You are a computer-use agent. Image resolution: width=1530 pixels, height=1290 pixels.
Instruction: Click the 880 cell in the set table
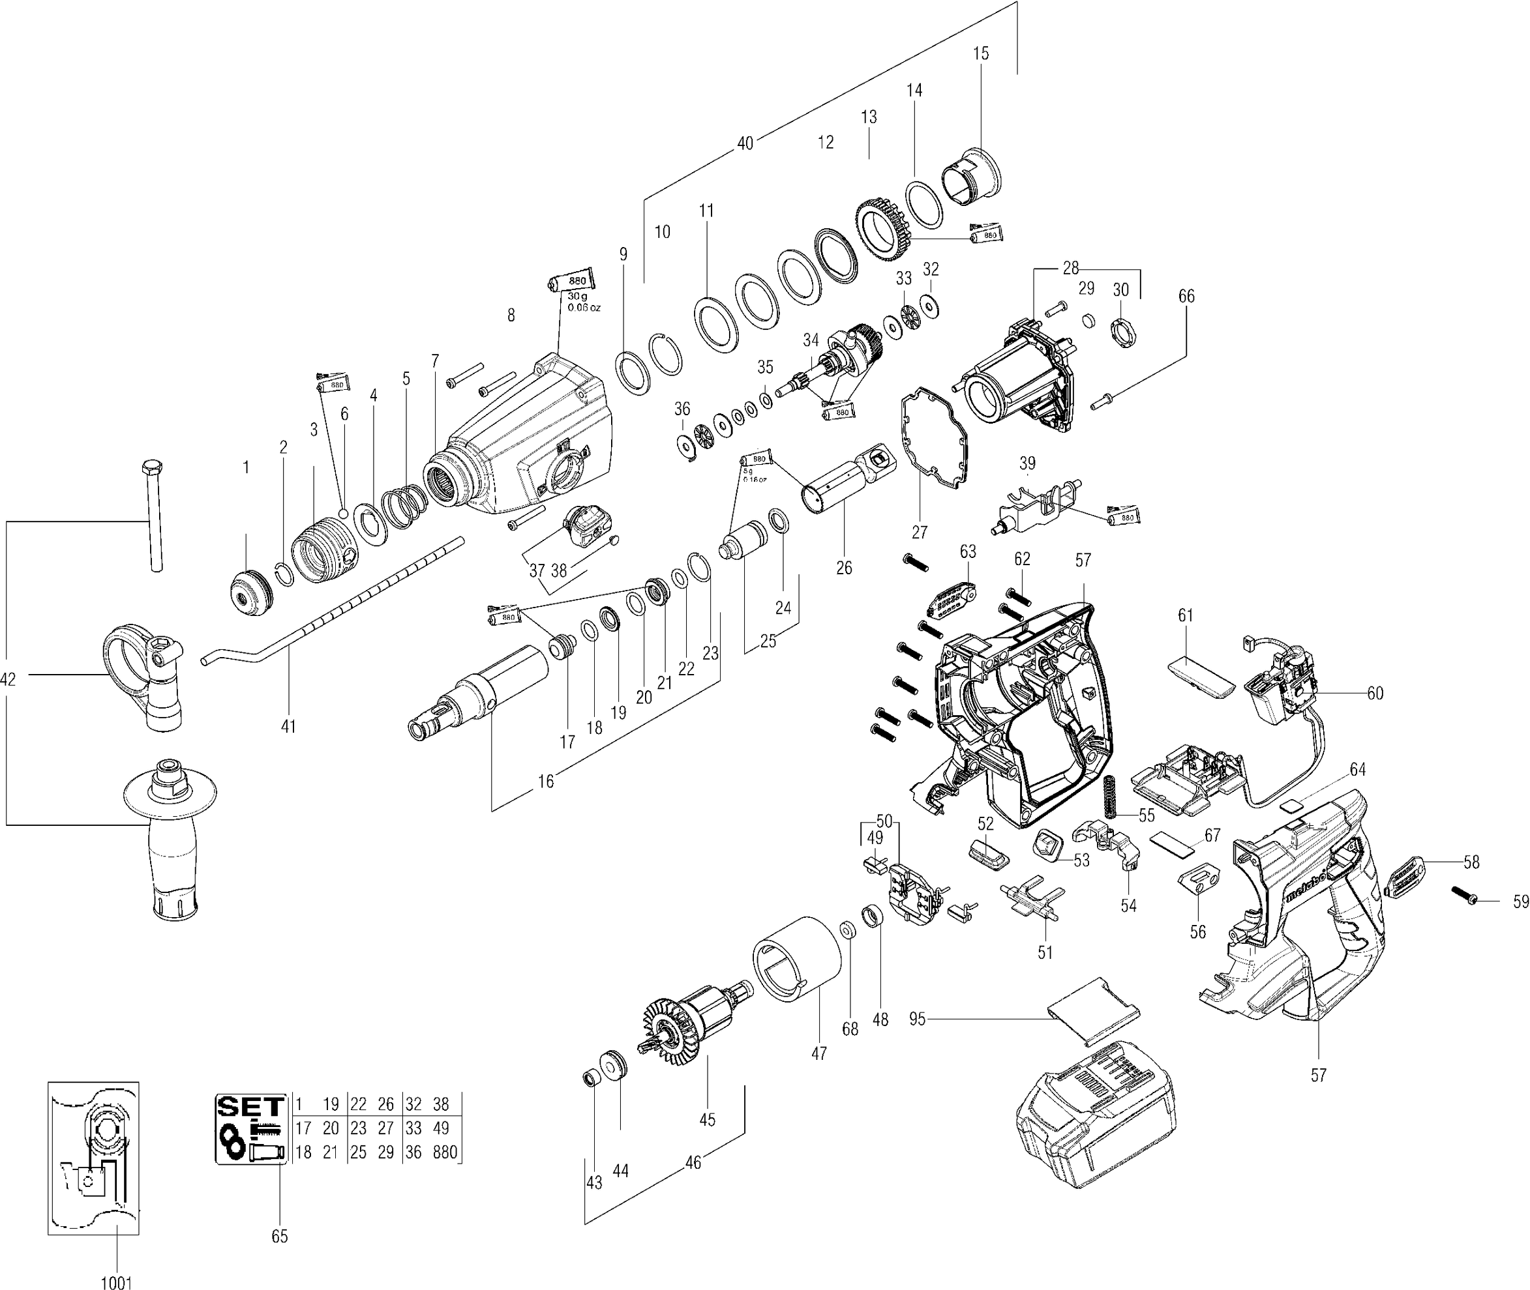tap(445, 1152)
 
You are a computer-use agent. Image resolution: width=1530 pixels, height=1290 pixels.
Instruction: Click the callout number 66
tap(1186, 296)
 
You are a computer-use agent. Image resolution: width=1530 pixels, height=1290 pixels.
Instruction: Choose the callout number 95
tap(917, 1019)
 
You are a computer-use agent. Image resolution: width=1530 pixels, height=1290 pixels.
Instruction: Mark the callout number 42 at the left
tap(8, 680)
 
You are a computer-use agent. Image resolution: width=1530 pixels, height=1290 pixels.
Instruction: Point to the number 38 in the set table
tap(442, 1104)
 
